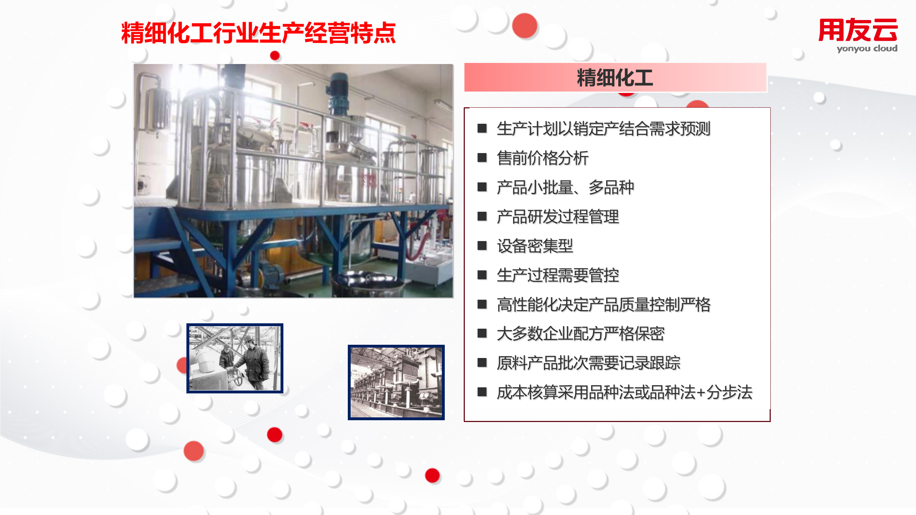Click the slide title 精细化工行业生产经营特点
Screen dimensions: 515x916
(x=258, y=33)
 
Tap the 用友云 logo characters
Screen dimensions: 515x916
(x=858, y=30)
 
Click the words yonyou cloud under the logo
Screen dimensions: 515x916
(x=867, y=48)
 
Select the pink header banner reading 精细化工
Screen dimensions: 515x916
(x=615, y=78)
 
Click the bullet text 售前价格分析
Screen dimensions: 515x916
(x=542, y=158)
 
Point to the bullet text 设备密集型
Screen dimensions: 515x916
(x=535, y=246)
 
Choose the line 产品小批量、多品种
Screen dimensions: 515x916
(x=565, y=187)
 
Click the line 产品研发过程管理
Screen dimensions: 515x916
(x=558, y=217)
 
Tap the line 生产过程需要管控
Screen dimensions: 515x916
(x=558, y=275)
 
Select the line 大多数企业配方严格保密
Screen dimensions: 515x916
(x=580, y=334)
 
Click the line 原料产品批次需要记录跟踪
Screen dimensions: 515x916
(x=588, y=363)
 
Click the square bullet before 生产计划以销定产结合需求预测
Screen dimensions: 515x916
(x=482, y=128)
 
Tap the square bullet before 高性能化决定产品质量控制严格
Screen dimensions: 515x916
(x=482, y=304)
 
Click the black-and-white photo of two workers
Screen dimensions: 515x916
(x=235, y=358)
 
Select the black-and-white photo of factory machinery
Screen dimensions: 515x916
(x=396, y=382)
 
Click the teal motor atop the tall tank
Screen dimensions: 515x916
(x=338, y=90)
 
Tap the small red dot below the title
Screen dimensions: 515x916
(x=275, y=55)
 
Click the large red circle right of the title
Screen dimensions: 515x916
(x=525, y=26)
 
